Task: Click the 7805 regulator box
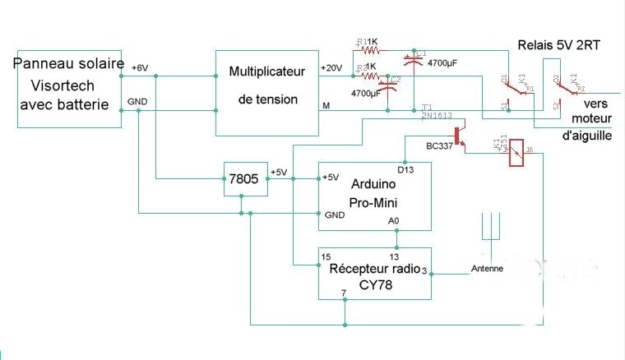pyautogui.click(x=247, y=179)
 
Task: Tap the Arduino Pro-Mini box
pyautogui.click(x=374, y=196)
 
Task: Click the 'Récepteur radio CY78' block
pyautogui.click(x=374, y=273)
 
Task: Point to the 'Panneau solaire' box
pyautogui.click(x=67, y=90)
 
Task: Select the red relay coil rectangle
pyautogui.click(x=517, y=152)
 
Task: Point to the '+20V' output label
pyautogui.click(x=331, y=67)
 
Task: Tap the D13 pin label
pyautogui.click(x=405, y=170)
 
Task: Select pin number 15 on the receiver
pyautogui.click(x=326, y=256)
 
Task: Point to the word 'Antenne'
pyautogui.click(x=487, y=269)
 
